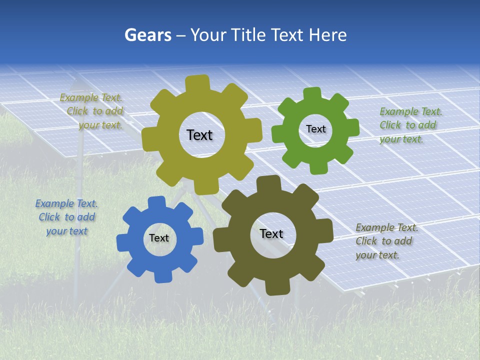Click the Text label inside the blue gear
159,238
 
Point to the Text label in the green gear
315,129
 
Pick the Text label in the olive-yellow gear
199,135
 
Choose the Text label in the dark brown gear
271,234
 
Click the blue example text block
66,217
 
